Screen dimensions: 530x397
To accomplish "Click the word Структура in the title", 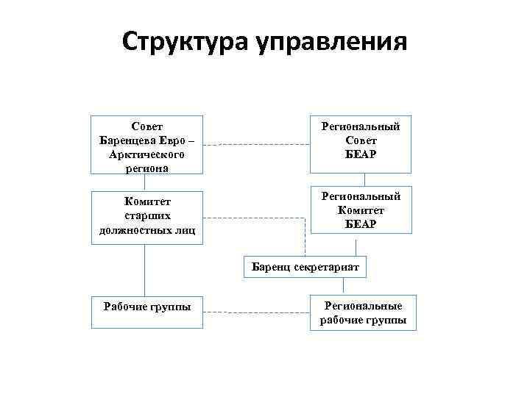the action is (185, 42).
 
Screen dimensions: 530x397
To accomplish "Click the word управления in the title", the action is (331, 43).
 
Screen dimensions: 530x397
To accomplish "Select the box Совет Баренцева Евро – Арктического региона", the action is (147, 145).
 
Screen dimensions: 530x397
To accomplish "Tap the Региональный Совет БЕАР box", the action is (360, 141).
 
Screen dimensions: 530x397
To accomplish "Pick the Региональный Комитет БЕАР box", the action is (360, 210).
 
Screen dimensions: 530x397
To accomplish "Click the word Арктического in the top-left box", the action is (146, 155).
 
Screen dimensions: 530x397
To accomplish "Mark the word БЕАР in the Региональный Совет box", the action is (360, 154).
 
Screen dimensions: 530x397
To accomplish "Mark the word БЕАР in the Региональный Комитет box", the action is (360, 223).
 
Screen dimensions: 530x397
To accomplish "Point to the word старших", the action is (147, 217).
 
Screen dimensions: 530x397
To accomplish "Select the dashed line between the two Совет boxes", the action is (257, 144).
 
